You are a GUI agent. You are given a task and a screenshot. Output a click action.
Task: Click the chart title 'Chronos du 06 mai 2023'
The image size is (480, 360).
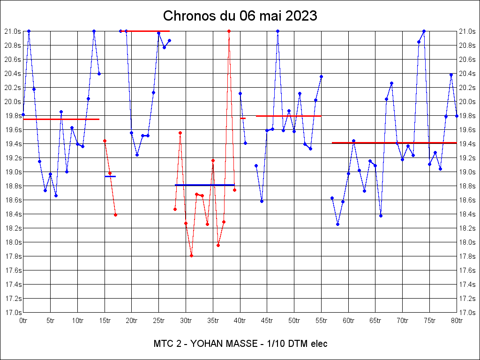(x=240, y=16)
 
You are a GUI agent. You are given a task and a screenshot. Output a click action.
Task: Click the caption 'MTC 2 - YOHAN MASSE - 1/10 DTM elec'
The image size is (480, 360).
(x=240, y=344)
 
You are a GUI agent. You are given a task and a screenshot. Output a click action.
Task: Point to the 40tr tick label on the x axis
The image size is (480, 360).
(x=240, y=321)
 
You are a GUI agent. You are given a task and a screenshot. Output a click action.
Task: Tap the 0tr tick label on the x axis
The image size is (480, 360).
(x=23, y=321)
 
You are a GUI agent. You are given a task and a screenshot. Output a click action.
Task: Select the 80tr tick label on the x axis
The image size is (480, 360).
(x=457, y=321)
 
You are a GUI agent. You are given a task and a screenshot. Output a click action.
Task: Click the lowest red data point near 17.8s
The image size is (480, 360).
(x=191, y=255)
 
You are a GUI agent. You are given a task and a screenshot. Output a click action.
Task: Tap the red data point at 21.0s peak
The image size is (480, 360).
(x=229, y=31)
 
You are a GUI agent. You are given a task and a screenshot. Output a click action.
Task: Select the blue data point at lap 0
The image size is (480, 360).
(x=23, y=114)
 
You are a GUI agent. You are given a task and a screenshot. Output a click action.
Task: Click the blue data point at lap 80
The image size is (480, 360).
(x=457, y=116)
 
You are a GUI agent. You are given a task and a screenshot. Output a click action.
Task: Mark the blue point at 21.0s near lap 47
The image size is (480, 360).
(x=277, y=31)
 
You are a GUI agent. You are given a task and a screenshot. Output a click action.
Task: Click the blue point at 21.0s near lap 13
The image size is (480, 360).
(x=94, y=31)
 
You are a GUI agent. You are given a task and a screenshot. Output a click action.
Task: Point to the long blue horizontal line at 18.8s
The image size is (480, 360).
(x=204, y=185)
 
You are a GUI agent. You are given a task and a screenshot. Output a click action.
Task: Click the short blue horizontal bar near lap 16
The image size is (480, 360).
(x=110, y=176)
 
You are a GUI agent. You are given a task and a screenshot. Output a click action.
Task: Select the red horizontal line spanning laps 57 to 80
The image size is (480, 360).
(x=394, y=142)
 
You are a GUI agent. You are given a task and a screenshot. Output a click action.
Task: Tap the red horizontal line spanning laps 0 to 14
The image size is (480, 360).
(x=61, y=119)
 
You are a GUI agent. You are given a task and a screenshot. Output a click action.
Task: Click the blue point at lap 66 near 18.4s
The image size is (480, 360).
(x=381, y=216)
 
